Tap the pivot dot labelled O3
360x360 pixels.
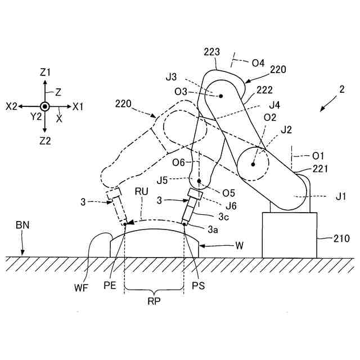click(x=221, y=96)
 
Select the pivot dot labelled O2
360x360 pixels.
click(x=253, y=165)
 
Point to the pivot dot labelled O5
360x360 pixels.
click(x=199, y=181)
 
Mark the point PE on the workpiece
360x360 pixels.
click(x=124, y=224)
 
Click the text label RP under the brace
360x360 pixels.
click(x=154, y=300)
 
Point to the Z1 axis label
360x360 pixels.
click(x=45, y=72)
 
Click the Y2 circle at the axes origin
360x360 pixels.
click(x=44, y=106)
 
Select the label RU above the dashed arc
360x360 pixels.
click(x=141, y=191)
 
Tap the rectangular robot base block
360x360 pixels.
click(x=290, y=235)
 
